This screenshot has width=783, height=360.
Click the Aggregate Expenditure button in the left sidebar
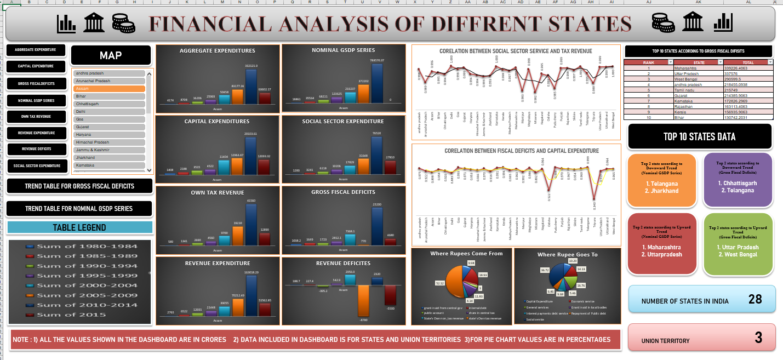pyautogui.click(x=36, y=50)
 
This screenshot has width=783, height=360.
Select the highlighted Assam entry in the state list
pyautogui.click(x=109, y=88)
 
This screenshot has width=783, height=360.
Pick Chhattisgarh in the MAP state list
pyautogui.click(x=109, y=104)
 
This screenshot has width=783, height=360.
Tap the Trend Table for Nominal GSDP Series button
pyautogui.click(x=79, y=209)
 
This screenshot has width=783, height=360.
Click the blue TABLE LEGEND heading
pyautogui.click(x=79, y=227)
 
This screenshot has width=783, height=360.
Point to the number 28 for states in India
pyautogui.click(x=756, y=299)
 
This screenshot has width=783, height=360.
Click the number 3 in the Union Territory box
pyautogui.click(x=758, y=338)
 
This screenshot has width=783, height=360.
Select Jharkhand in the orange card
pyautogui.click(x=661, y=191)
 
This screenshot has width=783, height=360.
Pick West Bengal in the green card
pyautogui.click(x=740, y=255)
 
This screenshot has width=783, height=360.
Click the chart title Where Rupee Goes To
pyautogui.click(x=567, y=255)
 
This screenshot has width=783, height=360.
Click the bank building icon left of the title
pyautogui.click(x=94, y=23)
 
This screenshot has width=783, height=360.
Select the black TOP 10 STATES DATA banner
pyautogui.click(x=700, y=136)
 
